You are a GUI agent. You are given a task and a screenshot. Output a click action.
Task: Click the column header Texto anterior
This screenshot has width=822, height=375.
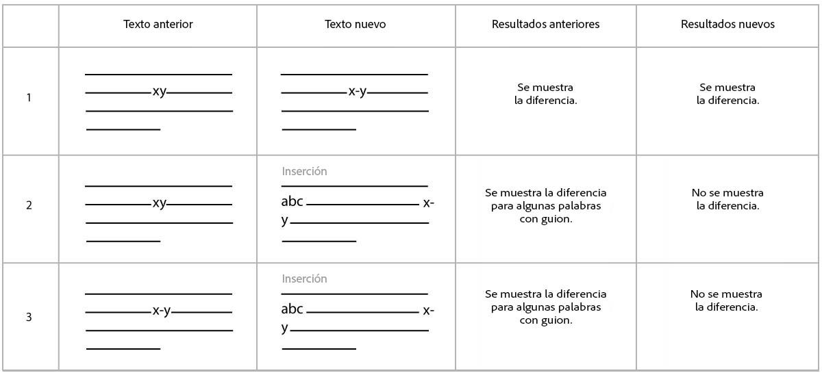[158, 25]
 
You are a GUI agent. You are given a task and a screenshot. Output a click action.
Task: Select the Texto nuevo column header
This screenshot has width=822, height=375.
[355, 25]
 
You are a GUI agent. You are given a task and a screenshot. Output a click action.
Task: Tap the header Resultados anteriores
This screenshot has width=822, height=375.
[545, 25]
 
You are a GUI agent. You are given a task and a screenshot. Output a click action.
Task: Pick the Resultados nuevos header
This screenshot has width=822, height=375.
[727, 25]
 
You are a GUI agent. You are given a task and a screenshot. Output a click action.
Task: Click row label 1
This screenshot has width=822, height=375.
[29, 98]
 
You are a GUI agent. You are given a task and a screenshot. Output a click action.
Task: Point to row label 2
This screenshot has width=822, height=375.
[29, 205]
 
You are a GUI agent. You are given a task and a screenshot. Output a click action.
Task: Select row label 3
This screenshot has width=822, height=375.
[29, 318]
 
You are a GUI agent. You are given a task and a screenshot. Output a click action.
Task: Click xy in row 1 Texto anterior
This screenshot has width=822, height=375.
[160, 91]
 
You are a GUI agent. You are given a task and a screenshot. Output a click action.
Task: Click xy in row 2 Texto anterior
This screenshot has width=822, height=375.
[160, 203]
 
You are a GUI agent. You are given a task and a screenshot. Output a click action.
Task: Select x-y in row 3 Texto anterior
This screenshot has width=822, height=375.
[162, 311]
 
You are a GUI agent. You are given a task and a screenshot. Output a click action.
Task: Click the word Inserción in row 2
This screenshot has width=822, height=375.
[304, 171]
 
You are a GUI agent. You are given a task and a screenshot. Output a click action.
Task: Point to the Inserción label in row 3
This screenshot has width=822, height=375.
[304, 279]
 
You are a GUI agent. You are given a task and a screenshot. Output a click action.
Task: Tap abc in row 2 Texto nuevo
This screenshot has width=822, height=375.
[292, 203]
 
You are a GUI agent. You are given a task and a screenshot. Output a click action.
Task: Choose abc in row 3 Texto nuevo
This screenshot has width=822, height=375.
[292, 309]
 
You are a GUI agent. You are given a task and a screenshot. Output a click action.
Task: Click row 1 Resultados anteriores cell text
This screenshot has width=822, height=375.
[545, 94]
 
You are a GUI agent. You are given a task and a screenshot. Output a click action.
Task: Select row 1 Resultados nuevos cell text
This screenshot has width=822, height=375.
[727, 94]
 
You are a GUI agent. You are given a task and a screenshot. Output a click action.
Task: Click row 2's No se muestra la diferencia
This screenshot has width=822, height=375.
[727, 199]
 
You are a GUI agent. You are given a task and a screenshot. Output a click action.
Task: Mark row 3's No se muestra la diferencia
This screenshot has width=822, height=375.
[726, 300]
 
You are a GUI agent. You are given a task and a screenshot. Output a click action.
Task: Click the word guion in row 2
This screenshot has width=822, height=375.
[557, 219]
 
